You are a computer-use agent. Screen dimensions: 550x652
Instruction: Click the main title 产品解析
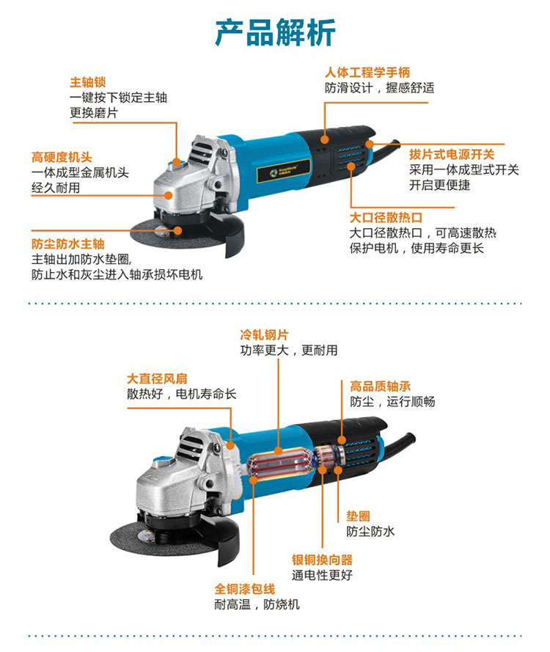coord(275,32)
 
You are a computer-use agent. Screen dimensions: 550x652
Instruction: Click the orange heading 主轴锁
coord(88,82)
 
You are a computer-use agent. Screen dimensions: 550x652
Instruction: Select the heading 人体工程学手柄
coord(367,73)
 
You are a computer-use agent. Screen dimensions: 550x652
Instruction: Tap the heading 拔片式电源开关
coord(452,154)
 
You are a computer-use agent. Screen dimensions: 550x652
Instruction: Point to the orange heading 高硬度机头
coord(62,157)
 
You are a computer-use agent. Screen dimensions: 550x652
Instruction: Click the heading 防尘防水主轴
coord(67,243)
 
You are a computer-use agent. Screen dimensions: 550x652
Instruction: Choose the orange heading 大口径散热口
coord(386,218)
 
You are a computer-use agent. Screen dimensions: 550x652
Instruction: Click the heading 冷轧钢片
coord(264,334)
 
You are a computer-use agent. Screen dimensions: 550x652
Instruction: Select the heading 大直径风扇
coord(157,378)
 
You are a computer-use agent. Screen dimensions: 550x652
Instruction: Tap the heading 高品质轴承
coord(380,387)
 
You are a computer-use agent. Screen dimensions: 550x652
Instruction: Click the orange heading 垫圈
coord(358,516)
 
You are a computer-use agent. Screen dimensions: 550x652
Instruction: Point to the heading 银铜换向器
coord(322,560)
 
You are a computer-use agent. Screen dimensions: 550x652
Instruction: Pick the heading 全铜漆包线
coord(245,589)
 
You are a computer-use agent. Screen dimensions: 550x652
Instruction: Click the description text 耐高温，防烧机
coord(257,604)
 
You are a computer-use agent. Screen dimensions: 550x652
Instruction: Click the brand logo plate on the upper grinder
coord(284,171)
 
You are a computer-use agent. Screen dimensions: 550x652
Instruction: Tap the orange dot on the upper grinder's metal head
coord(169,195)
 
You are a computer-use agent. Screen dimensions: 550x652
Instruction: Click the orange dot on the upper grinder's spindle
coord(178,230)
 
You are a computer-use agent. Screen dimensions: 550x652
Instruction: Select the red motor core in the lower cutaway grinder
coord(278,467)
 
